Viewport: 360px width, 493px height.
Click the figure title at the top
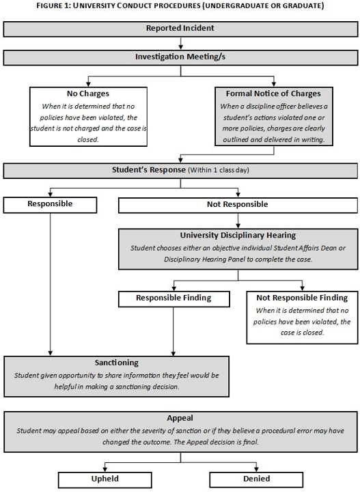pos(180,5)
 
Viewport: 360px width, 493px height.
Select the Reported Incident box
pos(180,29)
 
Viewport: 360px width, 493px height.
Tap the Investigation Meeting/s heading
pos(180,57)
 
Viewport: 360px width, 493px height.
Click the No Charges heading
pos(88,94)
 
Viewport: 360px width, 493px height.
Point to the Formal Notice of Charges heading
pos(273,94)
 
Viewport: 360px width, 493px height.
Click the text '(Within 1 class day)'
pos(219,170)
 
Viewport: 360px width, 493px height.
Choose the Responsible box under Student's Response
pos(50,205)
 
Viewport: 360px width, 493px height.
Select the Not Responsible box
pos(238,205)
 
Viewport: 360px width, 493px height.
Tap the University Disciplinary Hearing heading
pos(238,236)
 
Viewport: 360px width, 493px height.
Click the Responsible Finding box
pos(174,298)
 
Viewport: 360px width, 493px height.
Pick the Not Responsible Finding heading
pos(302,298)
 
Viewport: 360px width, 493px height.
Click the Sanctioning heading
pos(117,363)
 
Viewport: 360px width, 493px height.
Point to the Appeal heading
pos(180,418)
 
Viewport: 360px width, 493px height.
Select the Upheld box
pos(105,480)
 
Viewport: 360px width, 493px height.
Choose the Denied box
pos(256,480)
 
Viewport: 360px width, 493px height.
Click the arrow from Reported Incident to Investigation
pos(180,44)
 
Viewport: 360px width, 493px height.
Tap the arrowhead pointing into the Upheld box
pos(105,469)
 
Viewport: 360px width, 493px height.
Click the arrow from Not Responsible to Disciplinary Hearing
pos(238,221)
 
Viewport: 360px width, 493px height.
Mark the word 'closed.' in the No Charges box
pos(88,139)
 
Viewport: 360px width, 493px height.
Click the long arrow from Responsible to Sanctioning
pos(51,284)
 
